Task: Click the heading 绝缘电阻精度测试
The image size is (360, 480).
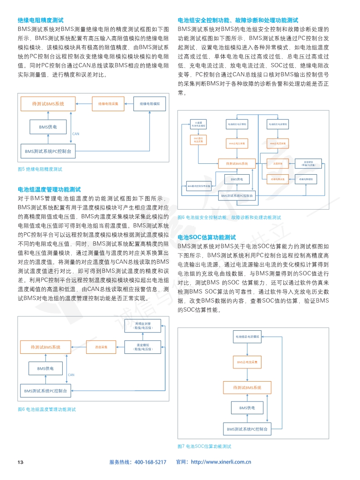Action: point(40,20)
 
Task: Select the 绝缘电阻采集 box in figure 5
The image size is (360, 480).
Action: point(108,104)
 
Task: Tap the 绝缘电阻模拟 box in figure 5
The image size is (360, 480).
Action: point(149,104)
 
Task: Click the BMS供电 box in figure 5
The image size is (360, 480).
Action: point(48,127)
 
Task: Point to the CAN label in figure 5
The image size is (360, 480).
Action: point(76,134)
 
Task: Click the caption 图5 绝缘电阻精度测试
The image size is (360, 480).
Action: point(39,169)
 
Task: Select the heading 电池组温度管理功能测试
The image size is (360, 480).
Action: point(49,189)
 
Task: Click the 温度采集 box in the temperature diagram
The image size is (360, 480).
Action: point(101,348)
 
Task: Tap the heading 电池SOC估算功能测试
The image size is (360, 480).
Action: point(207,237)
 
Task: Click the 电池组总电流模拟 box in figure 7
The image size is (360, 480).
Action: point(247,338)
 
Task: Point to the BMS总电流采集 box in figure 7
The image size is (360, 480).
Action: point(247,363)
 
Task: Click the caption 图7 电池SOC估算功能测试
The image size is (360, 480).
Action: point(204,446)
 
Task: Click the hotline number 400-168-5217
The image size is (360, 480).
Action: point(151,462)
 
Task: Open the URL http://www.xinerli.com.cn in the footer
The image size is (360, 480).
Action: point(222,462)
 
